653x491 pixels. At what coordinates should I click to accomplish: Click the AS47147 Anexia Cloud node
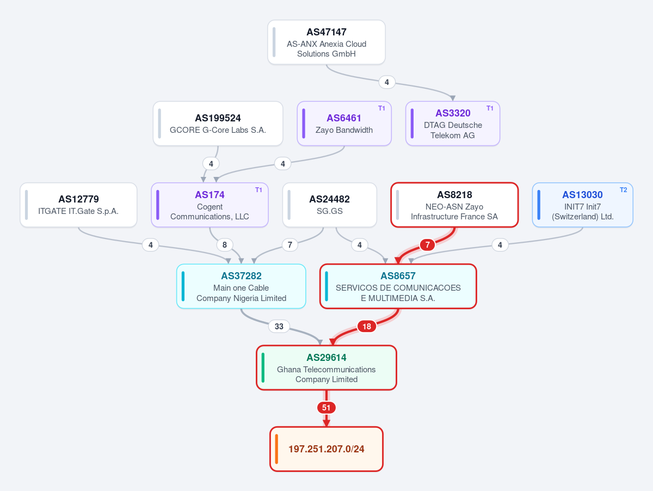326,42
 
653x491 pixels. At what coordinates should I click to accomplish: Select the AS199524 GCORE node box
218,124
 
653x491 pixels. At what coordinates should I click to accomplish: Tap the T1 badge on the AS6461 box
381,108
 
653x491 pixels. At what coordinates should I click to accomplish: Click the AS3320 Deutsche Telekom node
453,124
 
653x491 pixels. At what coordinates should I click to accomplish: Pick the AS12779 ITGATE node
78,205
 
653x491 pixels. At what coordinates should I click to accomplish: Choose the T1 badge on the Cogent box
258,190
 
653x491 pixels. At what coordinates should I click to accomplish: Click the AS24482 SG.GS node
329,205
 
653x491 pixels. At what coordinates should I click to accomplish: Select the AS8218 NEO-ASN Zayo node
454,205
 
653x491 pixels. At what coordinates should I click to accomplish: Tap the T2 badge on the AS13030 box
623,190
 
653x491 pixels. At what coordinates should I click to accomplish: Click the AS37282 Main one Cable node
241,286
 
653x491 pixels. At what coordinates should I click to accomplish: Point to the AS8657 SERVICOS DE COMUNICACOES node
398,286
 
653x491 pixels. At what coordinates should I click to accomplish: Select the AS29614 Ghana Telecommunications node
326,367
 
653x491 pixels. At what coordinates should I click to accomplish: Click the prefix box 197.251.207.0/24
326,449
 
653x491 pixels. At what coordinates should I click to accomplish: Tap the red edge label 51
326,408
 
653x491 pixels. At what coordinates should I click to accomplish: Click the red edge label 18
367,327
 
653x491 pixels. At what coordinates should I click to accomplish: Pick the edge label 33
279,327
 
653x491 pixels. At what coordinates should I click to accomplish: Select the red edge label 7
428,245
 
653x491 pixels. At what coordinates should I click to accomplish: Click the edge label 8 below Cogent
225,245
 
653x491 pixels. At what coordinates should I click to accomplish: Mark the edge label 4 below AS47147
387,82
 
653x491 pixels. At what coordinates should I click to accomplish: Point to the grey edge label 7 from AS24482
289,245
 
